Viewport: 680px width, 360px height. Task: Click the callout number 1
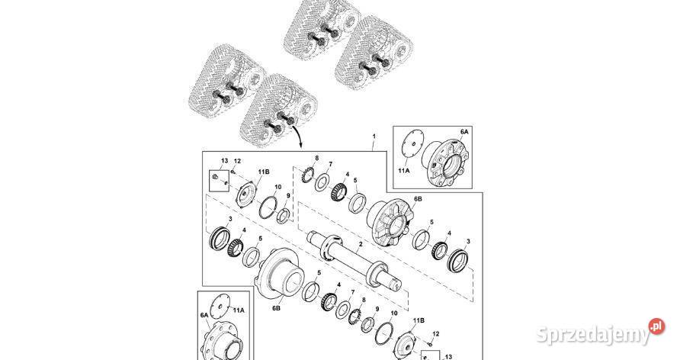[374, 137]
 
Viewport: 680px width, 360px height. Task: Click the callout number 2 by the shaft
[360, 245]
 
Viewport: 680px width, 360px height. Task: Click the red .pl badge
[656, 326]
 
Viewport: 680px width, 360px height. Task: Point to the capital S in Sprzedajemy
[543, 335]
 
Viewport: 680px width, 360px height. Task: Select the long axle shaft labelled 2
[354, 259]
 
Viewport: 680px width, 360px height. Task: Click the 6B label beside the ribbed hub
[417, 198]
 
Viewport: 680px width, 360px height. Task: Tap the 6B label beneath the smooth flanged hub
[276, 308]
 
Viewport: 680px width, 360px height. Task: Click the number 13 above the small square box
[224, 160]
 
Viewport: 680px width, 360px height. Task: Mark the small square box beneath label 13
[219, 182]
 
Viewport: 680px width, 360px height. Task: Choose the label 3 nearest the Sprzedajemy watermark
[468, 241]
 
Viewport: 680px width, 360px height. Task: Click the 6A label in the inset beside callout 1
[464, 131]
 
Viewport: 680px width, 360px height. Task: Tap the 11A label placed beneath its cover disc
[404, 170]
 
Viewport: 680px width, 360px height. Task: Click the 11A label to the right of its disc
[239, 310]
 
